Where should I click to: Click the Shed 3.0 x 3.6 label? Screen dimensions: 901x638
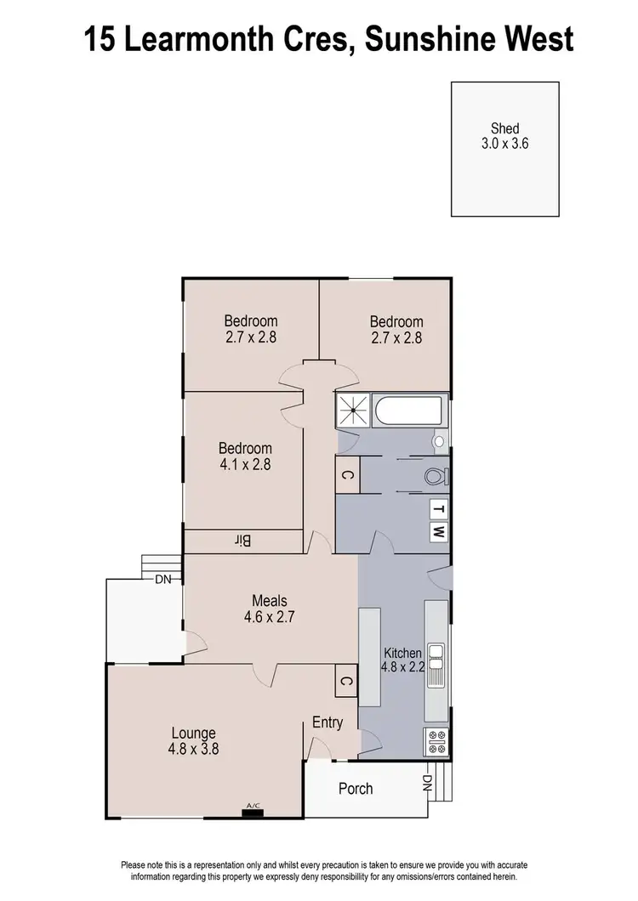point(505,137)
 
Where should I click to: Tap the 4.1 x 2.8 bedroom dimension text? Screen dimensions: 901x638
point(245,465)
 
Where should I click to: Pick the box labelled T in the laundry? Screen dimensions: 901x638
point(438,509)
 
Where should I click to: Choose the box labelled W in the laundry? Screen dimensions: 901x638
point(438,533)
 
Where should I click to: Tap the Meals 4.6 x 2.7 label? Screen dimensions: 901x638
point(270,610)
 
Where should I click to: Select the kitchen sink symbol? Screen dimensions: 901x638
point(436,665)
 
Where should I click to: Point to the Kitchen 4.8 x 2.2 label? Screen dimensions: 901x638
point(402,660)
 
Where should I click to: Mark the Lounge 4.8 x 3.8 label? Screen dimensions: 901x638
point(194,740)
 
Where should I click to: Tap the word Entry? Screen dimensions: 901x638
point(328,722)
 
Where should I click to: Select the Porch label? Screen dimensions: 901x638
point(356,788)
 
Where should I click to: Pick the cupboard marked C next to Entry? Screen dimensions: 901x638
point(345,681)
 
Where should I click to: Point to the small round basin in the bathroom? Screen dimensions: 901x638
point(439,441)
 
